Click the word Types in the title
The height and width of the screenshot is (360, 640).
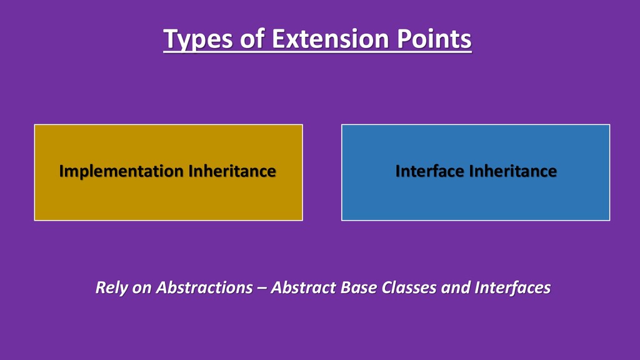coord(198,39)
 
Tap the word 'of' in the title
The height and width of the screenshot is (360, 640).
coord(252,39)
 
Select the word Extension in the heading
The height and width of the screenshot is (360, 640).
coord(330,39)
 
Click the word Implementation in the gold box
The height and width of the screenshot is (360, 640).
coord(121,171)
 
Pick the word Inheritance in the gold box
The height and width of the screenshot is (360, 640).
coord(232,171)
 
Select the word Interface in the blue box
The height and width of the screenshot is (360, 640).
coord(430,171)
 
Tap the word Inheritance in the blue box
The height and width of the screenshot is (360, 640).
coord(513,171)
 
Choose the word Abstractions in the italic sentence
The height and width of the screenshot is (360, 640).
coord(204,287)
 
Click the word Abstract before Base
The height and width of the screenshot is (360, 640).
coord(303,287)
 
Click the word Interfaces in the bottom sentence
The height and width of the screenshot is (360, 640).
coord(512,287)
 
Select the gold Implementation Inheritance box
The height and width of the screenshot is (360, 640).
coord(169,172)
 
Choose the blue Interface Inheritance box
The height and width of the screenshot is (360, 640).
coord(476,172)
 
